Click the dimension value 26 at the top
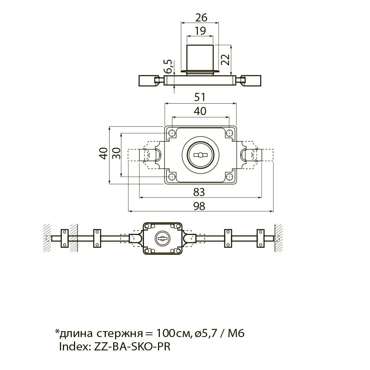pos(201,18)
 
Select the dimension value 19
pos(200,31)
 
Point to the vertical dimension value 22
pos(225,60)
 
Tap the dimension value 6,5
pos(168,66)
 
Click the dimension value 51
pos(200,97)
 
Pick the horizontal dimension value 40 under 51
pos(200,111)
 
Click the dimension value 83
pos(199,192)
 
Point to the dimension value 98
pos(199,206)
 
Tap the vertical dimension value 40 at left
pos(104,154)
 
